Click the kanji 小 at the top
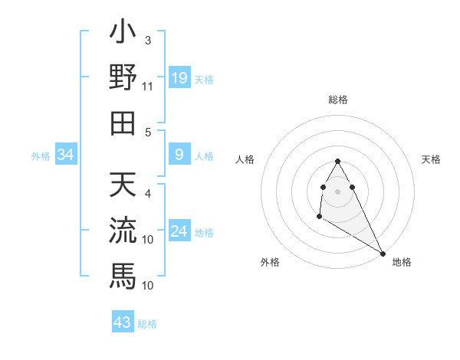[123, 34]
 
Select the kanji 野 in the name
[123, 79]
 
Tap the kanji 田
[123, 123]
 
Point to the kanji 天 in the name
[123, 185]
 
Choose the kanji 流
[123, 229]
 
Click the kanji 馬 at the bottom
[123, 273]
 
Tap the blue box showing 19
[179, 77]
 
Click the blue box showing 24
[179, 232]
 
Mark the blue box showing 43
[123, 322]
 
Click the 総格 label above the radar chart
[338, 100]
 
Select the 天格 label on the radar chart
[431, 159]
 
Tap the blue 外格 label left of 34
[41, 156]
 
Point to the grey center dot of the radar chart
[338, 191]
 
